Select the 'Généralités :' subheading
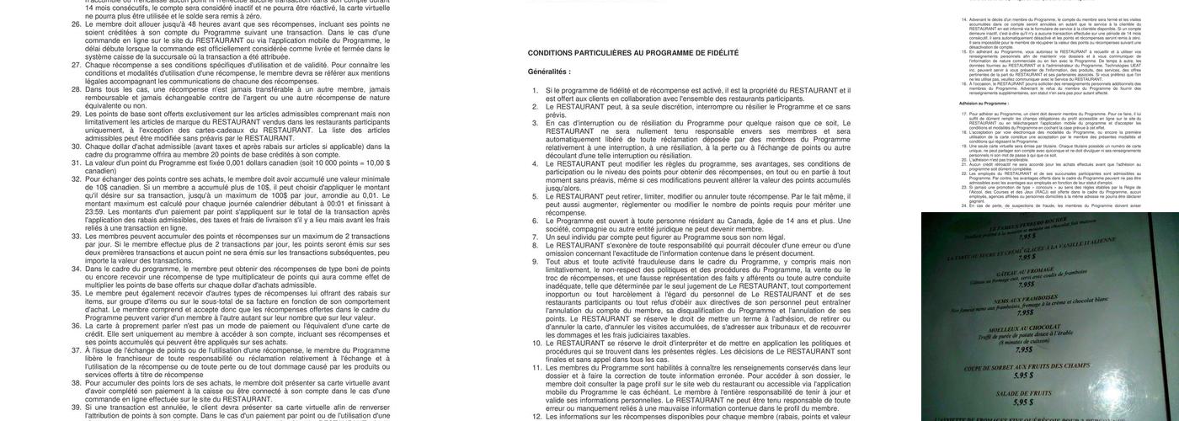pyautogui.click(x=549, y=72)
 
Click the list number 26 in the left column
pyautogui.click(x=77, y=25)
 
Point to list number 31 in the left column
pyautogui.click(x=77, y=162)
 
